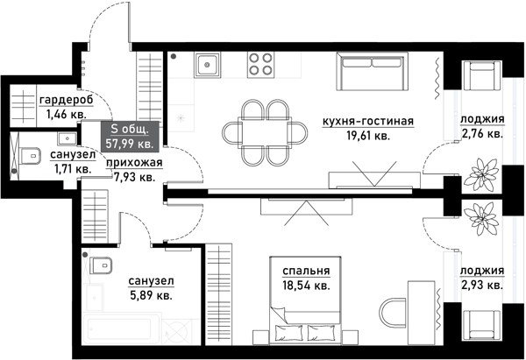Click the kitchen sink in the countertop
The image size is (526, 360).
pos(208,64)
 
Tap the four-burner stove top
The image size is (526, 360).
pos(259,64)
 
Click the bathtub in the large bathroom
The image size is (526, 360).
pos(131,334)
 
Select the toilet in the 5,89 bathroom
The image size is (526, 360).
pos(99,265)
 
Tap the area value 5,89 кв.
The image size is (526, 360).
pos(151,295)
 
